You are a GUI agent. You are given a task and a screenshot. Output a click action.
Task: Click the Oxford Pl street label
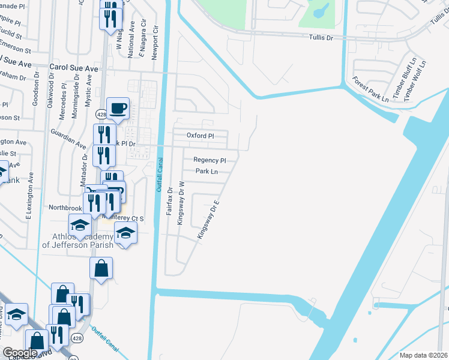(x=200, y=136)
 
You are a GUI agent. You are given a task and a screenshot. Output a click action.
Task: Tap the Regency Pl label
(x=209, y=160)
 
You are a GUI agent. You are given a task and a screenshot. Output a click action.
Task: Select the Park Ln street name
(x=206, y=172)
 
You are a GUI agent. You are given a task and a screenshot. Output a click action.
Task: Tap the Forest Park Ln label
(x=370, y=87)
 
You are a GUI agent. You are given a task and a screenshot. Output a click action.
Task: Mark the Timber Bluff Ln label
(x=403, y=79)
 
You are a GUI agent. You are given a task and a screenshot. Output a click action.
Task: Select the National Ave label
(x=131, y=40)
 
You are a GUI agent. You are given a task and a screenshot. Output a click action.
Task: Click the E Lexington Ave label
(x=28, y=196)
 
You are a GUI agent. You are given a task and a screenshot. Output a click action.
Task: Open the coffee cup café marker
(x=118, y=108)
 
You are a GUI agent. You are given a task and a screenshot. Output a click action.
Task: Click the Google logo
(x=20, y=352)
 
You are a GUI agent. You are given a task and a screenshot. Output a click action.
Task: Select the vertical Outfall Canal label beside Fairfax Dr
(x=160, y=178)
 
